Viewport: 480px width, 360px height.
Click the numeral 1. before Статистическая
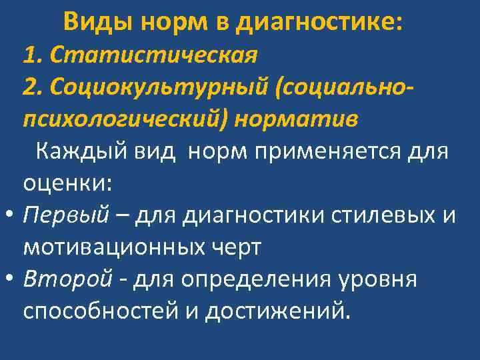pyautogui.click(x=33, y=54)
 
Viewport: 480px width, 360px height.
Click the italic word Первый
pyautogui.click(x=66, y=215)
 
